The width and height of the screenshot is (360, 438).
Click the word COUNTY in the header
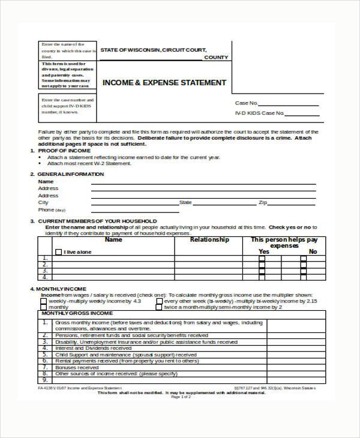(216, 57)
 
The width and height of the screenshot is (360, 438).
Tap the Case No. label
(247, 103)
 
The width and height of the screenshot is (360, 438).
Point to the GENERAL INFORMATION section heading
(71, 174)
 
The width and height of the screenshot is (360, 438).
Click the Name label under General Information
(46, 181)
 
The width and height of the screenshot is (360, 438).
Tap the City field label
(43, 203)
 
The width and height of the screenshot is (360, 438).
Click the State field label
(185, 203)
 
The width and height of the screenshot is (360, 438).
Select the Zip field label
(262, 203)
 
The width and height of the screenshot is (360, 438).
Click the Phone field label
(46, 210)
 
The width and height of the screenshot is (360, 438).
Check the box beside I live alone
(58, 252)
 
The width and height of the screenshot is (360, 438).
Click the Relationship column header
(209, 240)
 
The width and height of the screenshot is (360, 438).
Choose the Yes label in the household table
(263, 252)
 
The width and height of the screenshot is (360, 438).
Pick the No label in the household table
(312, 252)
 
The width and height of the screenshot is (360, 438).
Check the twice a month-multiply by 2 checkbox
(158, 307)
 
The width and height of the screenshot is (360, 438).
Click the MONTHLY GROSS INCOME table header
(76, 314)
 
